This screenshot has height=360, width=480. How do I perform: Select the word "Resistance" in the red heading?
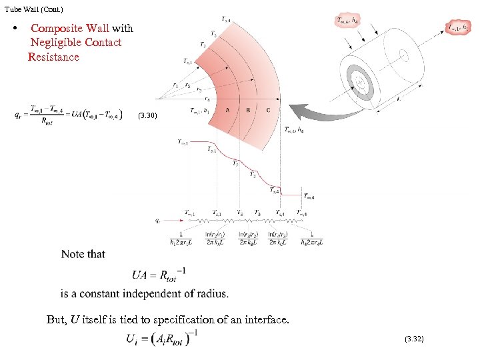point(53,57)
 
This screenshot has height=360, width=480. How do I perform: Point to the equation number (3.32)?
point(413,339)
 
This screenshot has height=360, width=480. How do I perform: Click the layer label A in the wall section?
point(228,110)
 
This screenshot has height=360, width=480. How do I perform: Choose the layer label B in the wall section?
point(248,110)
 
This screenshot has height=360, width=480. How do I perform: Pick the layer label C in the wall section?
point(268,110)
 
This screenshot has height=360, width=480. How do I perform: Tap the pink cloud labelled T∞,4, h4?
point(347,21)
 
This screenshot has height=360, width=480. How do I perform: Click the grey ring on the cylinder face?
point(363,83)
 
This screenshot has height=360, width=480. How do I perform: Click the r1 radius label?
point(175,85)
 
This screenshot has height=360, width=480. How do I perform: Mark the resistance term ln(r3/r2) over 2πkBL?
point(247,239)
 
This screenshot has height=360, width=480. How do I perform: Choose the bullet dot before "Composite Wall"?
point(14,29)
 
